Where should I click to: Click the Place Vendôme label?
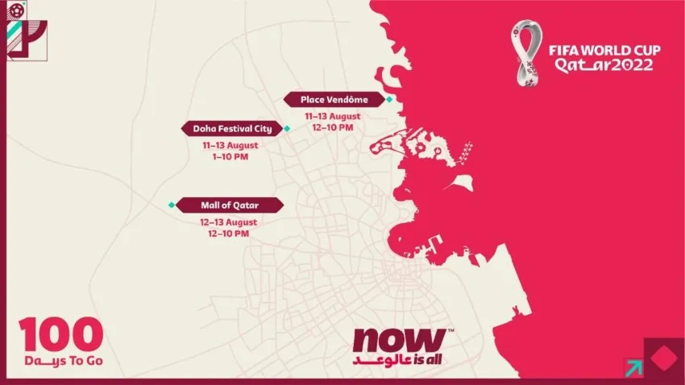pos(334,99)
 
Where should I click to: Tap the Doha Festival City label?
pos(231,128)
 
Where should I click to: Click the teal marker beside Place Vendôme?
pos(389,99)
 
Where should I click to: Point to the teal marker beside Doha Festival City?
pos(285,128)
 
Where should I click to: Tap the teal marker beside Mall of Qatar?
pos(171,205)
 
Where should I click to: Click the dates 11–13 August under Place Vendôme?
pos(334,116)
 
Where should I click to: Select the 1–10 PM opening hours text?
pos(230,156)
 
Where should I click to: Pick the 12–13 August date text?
pos(230,221)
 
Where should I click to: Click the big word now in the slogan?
pos(397,340)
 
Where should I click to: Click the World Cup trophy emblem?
pos(529,52)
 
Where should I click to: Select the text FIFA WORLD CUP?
pos(605,51)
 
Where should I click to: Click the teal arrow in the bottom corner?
pos(633,366)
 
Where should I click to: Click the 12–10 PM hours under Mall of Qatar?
pos(230,233)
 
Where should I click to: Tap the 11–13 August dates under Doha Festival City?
pos(230,145)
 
